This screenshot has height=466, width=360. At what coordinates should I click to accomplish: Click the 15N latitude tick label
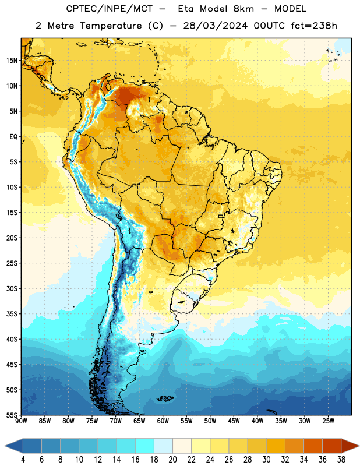12,61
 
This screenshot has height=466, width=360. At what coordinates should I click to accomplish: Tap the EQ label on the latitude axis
13,137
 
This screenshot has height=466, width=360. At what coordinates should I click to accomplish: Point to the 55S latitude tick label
12,415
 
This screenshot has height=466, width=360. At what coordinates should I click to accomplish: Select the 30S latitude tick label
12,288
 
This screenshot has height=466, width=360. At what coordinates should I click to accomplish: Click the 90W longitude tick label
21,421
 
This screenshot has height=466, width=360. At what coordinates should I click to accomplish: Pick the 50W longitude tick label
210,421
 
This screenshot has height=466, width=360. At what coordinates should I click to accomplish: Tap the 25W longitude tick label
328,421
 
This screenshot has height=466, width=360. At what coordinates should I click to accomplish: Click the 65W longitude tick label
139,421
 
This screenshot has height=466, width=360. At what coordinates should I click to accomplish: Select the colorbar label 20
172,460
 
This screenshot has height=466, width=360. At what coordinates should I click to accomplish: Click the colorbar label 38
341,460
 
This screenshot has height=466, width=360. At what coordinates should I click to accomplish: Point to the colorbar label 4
23,460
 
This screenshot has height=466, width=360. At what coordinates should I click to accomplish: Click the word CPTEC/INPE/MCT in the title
110,9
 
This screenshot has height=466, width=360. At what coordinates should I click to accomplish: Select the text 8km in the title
243,9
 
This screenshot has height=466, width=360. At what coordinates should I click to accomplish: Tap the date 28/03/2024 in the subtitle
216,26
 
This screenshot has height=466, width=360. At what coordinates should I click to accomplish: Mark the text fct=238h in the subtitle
314,26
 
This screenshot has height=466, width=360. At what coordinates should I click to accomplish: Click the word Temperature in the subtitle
111,26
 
